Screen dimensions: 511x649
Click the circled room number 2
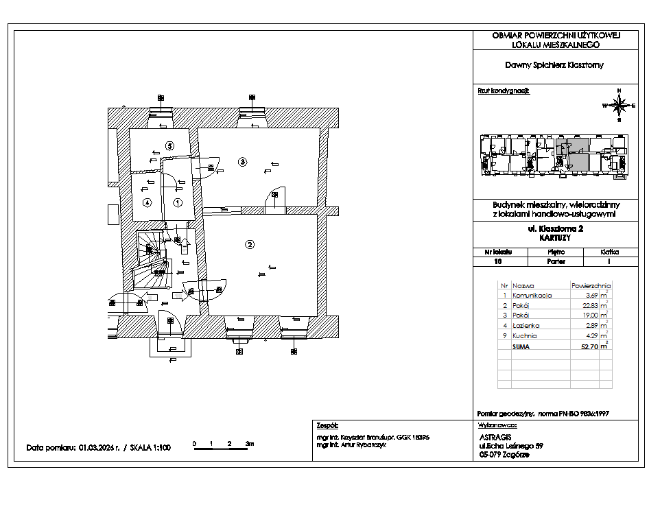[x=250, y=244]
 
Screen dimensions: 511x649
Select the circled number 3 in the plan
[x=241, y=162]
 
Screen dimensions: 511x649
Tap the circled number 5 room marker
[x=170, y=145]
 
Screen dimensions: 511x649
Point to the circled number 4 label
[x=146, y=202]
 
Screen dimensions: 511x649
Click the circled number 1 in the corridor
[x=177, y=202]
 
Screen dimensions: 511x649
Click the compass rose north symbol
[x=619, y=104]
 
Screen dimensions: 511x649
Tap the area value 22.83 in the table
[x=589, y=305]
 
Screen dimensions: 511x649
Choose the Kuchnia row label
[x=525, y=336]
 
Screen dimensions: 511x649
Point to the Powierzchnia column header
[x=590, y=285]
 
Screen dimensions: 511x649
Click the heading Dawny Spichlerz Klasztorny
[x=555, y=66]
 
